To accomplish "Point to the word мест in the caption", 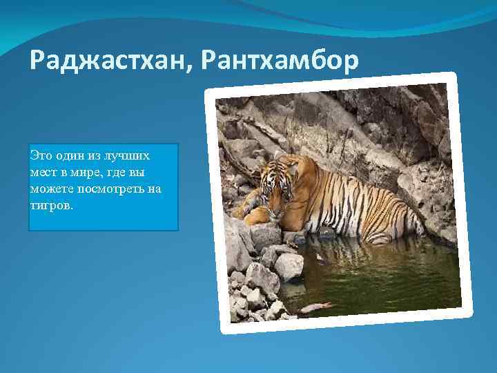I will click(43, 171).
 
